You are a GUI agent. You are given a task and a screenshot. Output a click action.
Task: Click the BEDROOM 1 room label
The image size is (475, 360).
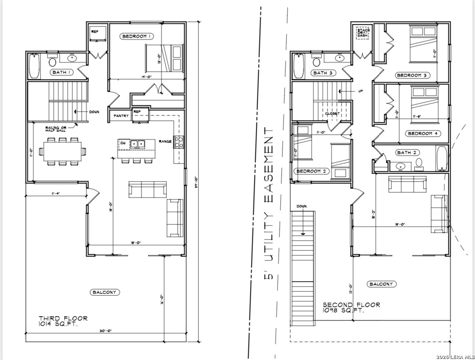click(x=137, y=36)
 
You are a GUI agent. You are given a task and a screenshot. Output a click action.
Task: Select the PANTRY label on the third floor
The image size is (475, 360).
click(x=121, y=116)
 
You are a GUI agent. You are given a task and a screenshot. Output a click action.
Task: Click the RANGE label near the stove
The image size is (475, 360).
click(x=165, y=141)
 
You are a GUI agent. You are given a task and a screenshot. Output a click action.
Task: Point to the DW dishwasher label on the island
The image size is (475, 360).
click(x=123, y=143)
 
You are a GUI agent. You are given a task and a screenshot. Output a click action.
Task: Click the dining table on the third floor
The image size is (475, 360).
click(x=63, y=151)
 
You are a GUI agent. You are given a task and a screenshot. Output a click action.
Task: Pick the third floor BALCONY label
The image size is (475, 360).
click(x=105, y=292)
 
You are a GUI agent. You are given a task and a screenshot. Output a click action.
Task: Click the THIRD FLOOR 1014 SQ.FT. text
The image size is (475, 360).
click(x=63, y=321)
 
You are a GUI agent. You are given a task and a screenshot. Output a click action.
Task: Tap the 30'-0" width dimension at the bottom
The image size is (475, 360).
click(x=106, y=331)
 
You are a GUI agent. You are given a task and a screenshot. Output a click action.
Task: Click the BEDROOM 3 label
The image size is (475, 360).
click(x=412, y=75)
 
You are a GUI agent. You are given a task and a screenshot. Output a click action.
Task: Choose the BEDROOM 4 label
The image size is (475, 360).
click(x=422, y=133)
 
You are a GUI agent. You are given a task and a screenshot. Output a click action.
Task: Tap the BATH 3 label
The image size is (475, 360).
click(x=323, y=73)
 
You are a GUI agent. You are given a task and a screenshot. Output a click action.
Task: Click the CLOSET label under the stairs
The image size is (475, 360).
click(x=332, y=114)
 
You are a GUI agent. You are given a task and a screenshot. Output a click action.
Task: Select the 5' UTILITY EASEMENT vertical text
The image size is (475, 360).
click(x=269, y=203)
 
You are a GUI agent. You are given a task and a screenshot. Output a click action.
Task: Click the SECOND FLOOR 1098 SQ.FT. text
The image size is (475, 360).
click(x=351, y=308)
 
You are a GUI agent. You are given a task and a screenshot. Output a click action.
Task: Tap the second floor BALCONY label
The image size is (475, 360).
click(x=381, y=284)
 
